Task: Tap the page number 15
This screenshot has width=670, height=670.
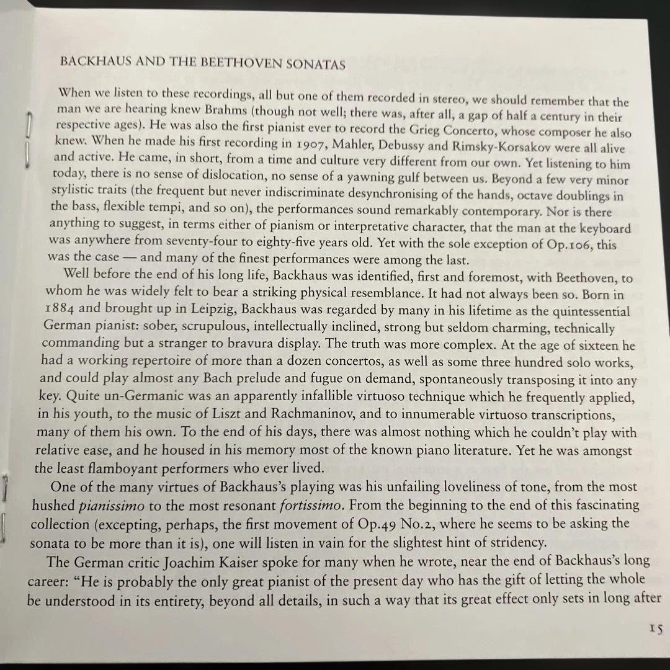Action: coord(656,628)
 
